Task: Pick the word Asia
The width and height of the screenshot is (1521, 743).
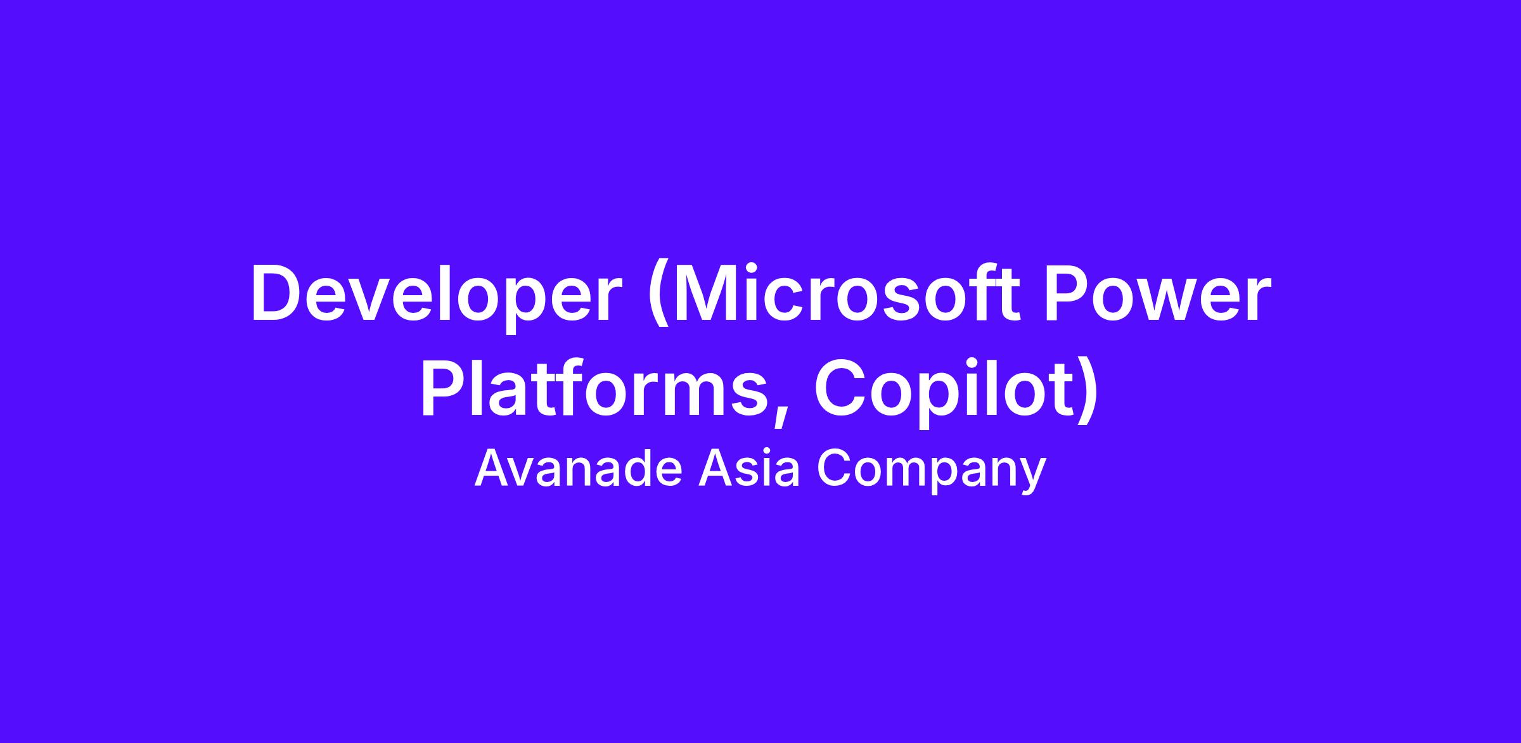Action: click(749, 469)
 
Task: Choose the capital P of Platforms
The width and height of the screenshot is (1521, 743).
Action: click(444, 387)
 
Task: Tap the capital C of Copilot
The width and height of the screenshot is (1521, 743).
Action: click(840, 387)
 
